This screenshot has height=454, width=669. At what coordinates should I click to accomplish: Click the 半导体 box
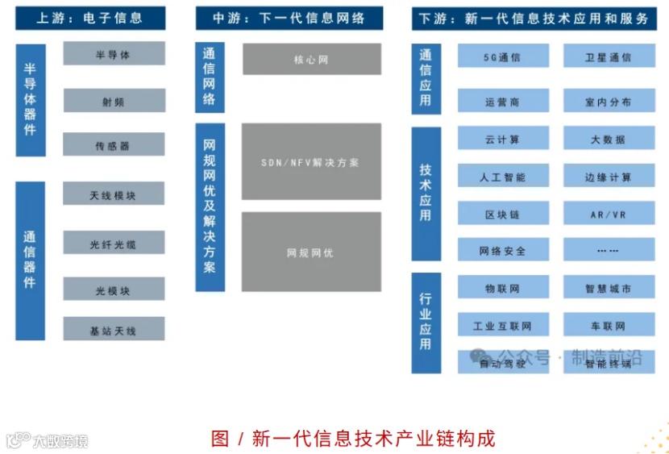[x=114, y=54]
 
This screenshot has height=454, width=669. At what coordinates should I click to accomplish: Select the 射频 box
[x=114, y=101]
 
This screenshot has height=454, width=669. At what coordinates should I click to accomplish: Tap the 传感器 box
[x=114, y=145]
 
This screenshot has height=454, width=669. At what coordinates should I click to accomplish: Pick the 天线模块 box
[x=114, y=194]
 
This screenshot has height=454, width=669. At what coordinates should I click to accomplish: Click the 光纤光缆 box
[x=114, y=244]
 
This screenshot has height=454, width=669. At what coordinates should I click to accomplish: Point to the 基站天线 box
[x=114, y=330]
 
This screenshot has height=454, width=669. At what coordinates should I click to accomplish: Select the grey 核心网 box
[x=311, y=59]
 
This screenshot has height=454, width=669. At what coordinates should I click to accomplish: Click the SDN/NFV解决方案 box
[x=311, y=161]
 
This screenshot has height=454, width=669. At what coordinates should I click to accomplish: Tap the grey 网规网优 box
[x=311, y=252]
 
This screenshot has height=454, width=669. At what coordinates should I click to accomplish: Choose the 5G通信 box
[x=503, y=56]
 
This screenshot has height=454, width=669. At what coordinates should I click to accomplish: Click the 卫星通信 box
[x=609, y=56]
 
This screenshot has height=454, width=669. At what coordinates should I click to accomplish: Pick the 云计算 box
[x=503, y=139]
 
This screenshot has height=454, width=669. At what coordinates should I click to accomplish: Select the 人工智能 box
[x=503, y=176]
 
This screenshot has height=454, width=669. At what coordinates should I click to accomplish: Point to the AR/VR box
[x=609, y=214]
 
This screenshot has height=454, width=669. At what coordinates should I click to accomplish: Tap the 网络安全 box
[x=503, y=250]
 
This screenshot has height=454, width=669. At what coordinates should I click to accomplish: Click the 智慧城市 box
[x=609, y=288]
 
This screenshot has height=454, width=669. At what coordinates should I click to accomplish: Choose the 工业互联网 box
[x=503, y=325]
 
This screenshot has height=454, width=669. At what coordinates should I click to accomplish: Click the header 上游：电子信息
[x=89, y=18]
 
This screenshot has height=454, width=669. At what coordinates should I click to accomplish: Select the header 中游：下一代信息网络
[x=289, y=18]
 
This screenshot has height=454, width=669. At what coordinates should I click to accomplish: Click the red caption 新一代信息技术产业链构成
[x=353, y=438]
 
